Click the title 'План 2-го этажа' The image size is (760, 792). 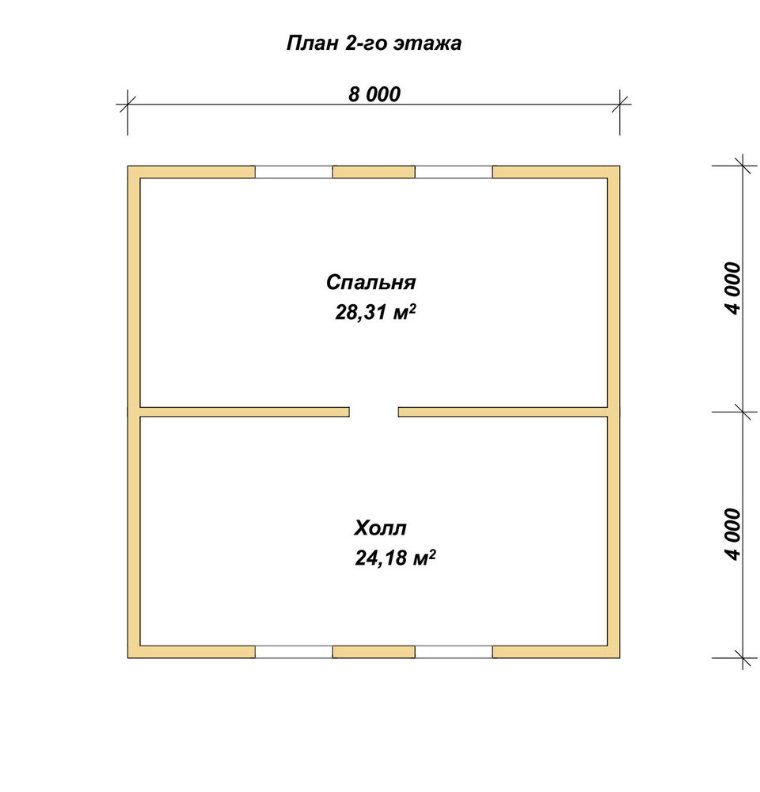pos(374,44)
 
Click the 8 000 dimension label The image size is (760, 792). pos(374,94)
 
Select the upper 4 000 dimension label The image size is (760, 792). pos(733,288)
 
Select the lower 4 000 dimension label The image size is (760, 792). pos(733,535)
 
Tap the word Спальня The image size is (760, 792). pos(370,283)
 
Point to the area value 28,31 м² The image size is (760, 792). pos(375,312)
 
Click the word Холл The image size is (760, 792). pos(380,528)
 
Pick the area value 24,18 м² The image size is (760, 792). pos(395,558)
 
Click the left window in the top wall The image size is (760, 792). pos(294,172)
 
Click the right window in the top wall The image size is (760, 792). pos(454,172)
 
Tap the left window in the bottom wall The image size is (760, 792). pos(294,652)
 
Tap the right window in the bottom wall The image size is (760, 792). pos(454,652)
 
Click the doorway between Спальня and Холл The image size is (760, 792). pos(374,412)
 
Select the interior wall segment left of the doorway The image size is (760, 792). pos(245,412)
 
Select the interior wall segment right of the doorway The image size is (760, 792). pos(503,412)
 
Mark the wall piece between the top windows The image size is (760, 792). pos(374,172)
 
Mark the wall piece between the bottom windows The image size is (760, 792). pos(374,652)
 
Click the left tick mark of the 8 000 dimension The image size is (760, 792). pos(127,105)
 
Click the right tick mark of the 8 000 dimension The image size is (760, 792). pos(620,105)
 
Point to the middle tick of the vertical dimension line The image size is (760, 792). pos(743,412)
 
